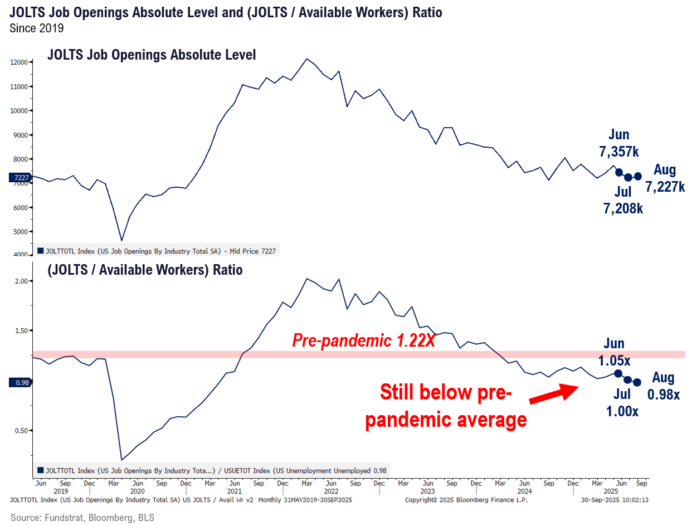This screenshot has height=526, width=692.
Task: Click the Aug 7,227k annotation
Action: coord(665,178)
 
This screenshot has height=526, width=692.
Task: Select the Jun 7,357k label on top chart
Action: coord(618,143)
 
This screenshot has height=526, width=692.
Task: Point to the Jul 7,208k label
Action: coord(623,201)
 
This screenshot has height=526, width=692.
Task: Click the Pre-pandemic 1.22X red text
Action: coord(363,340)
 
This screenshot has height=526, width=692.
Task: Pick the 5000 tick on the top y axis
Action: coord(20,232)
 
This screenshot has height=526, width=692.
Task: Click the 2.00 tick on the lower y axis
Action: coord(21,281)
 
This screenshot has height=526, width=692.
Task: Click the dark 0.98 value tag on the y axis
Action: coord(20,383)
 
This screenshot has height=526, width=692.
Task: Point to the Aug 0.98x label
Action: coord(663,386)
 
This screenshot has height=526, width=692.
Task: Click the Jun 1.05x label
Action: coord(614,352)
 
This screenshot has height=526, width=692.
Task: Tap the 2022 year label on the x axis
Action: coord(331,491)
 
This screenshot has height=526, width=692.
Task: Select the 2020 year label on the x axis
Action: coord(138,491)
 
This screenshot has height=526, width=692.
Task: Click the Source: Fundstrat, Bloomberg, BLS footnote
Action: coord(82,518)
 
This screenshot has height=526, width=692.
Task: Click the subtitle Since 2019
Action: coord(36,28)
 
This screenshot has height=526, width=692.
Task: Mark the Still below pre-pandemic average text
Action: coord(446,405)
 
